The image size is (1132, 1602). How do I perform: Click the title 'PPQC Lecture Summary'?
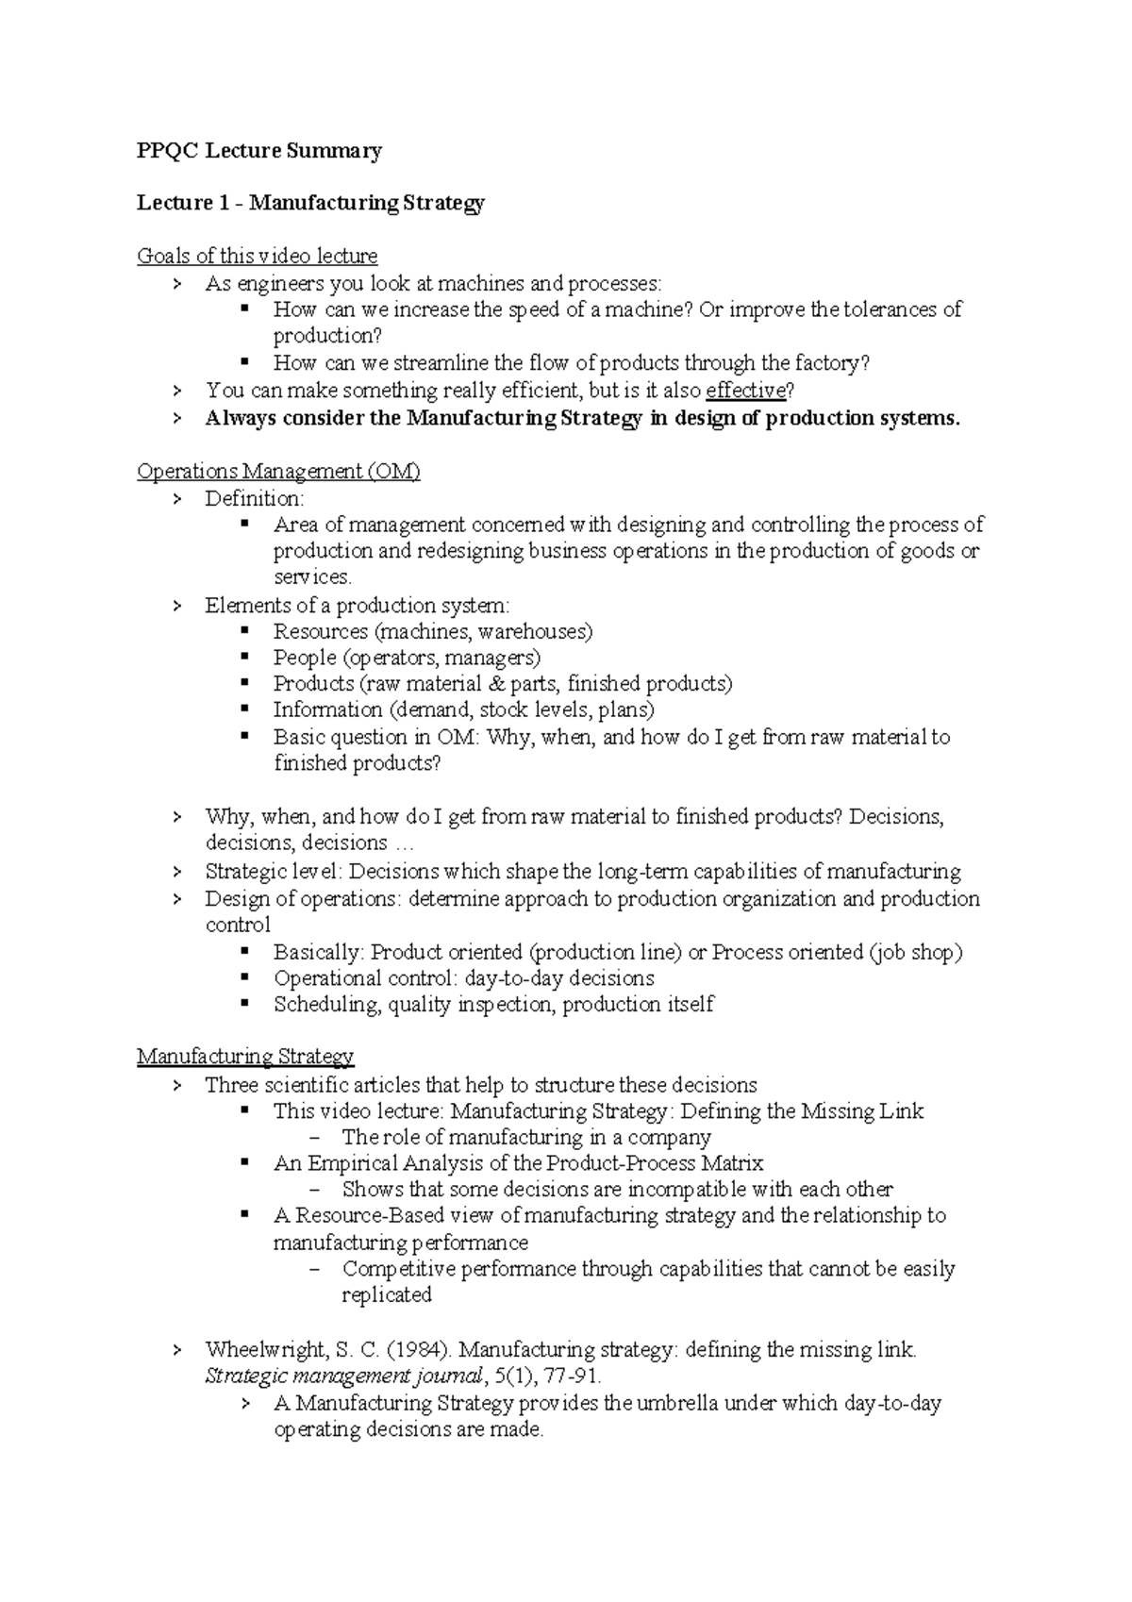[259, 151]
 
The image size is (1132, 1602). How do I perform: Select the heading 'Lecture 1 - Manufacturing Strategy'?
[310, 203]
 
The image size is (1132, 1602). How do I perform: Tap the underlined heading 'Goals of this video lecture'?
[257, 256]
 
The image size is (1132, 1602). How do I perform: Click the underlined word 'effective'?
[745, 391]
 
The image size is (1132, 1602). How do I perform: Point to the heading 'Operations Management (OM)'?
[278, 472]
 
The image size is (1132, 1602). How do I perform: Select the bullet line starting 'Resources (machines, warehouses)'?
[432, 631]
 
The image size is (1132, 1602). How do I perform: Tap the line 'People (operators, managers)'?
[407, 658]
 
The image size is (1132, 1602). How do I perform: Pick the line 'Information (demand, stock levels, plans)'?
[463, 710]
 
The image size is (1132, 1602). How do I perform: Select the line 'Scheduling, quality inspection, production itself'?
[492, 1005]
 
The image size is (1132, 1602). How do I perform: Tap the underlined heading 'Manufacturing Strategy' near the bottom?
[245, 1057]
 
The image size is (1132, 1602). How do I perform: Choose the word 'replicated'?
[386, 1295]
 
